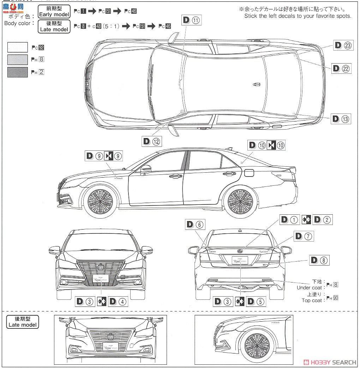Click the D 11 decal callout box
[x=192, y=20]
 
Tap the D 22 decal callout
[x=342, y=69]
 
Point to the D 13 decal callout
[x=341, y=119]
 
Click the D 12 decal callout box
[x=152, y=141]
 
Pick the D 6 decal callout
[x=194, y=224]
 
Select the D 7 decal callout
[x=303, y=236]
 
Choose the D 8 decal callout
[x=319, y=261]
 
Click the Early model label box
[x=54, y=11]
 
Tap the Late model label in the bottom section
[x=23, y=322]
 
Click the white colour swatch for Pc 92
[x=17, y=47]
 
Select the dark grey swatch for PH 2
[x=17, y=72]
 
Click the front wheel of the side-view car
[x=100, y=201]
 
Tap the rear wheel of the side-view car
[x=240, y=201]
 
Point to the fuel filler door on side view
[x=249, y=173]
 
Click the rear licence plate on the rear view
[x=240, y=260]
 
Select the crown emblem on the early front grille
[x=101, y=267]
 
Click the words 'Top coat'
[x=312, y=300]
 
